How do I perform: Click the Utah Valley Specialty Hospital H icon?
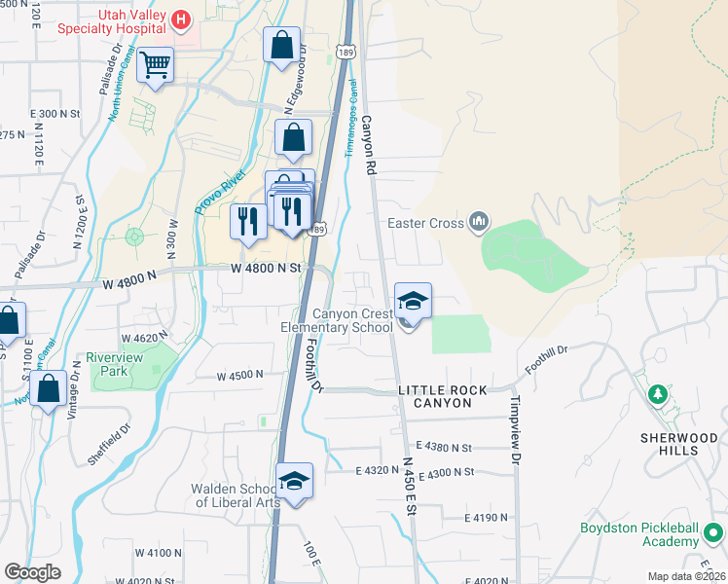pyautogui.click(x=180, y=18)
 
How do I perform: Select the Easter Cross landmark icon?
pyautogui.click(x=478, y=223)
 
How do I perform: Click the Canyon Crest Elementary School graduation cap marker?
pyautogui.click(x=413, y=302)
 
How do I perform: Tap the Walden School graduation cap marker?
pyautogui.click(x=294, y=482)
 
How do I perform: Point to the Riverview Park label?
pyautogui.click(x=114, y=364)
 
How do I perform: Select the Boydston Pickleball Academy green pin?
pyautogui.click(x=713, y=533)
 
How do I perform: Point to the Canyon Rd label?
pyautogui.click(x=369, y=145)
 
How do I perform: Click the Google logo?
pyautogui.click(x=33, y=572)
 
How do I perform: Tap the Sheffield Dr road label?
pyautogui.click(x=109, y=444)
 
